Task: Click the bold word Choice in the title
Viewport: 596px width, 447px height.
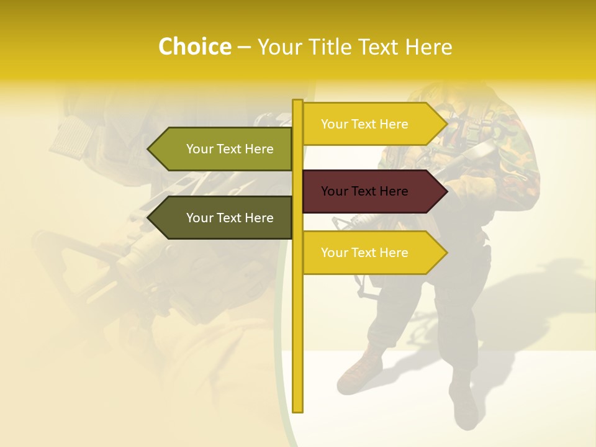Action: (x=194, y=47)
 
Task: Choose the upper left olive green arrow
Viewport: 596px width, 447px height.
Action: (x=223, y=149)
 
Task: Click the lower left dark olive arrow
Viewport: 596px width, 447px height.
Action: (x=223, y=218)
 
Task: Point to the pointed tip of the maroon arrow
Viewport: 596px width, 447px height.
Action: (x=445, y=191)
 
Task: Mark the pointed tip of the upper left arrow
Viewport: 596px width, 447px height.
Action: (x=150, y=149)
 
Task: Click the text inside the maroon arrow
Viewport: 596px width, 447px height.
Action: (x=364, y=191)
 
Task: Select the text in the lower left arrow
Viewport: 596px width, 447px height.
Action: (x=230, y=218)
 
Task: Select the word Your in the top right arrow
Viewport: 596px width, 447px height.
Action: (x=334, y=124)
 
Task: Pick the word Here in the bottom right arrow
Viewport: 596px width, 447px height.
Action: (x=394, y=253)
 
